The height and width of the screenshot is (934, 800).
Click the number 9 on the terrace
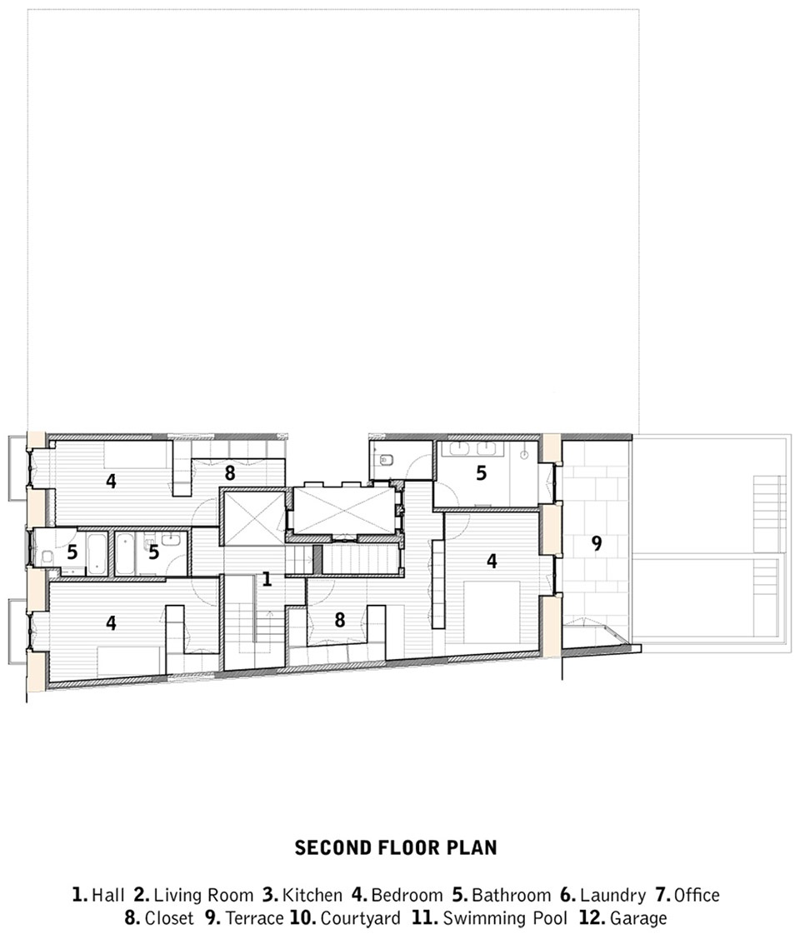pos(597,542)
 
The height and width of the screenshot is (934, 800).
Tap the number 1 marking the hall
pos(267,578)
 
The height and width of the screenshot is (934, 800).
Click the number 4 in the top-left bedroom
pos(112,481)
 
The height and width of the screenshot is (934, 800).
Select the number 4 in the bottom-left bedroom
pos(112,623)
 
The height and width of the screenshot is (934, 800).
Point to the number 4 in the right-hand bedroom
pos(492,561)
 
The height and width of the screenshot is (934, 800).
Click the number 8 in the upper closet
pos(230,473)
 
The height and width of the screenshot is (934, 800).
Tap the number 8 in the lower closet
pos(339,620)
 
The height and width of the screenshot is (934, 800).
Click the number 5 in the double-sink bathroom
pos(482,473)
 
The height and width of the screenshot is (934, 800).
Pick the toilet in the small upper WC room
pos(386,459)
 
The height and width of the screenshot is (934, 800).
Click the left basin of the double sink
pos(457,448)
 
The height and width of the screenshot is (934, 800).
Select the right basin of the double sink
pos(487,448)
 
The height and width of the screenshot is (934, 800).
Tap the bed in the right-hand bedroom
pos(492,612)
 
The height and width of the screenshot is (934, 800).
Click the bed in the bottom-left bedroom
pos(130,662)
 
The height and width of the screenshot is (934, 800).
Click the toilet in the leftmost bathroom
pos(47,557)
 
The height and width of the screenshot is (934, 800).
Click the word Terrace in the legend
pos(254,917)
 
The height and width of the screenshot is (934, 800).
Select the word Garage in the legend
pos(638,917)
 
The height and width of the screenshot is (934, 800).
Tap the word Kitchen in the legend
pos(312,895)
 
